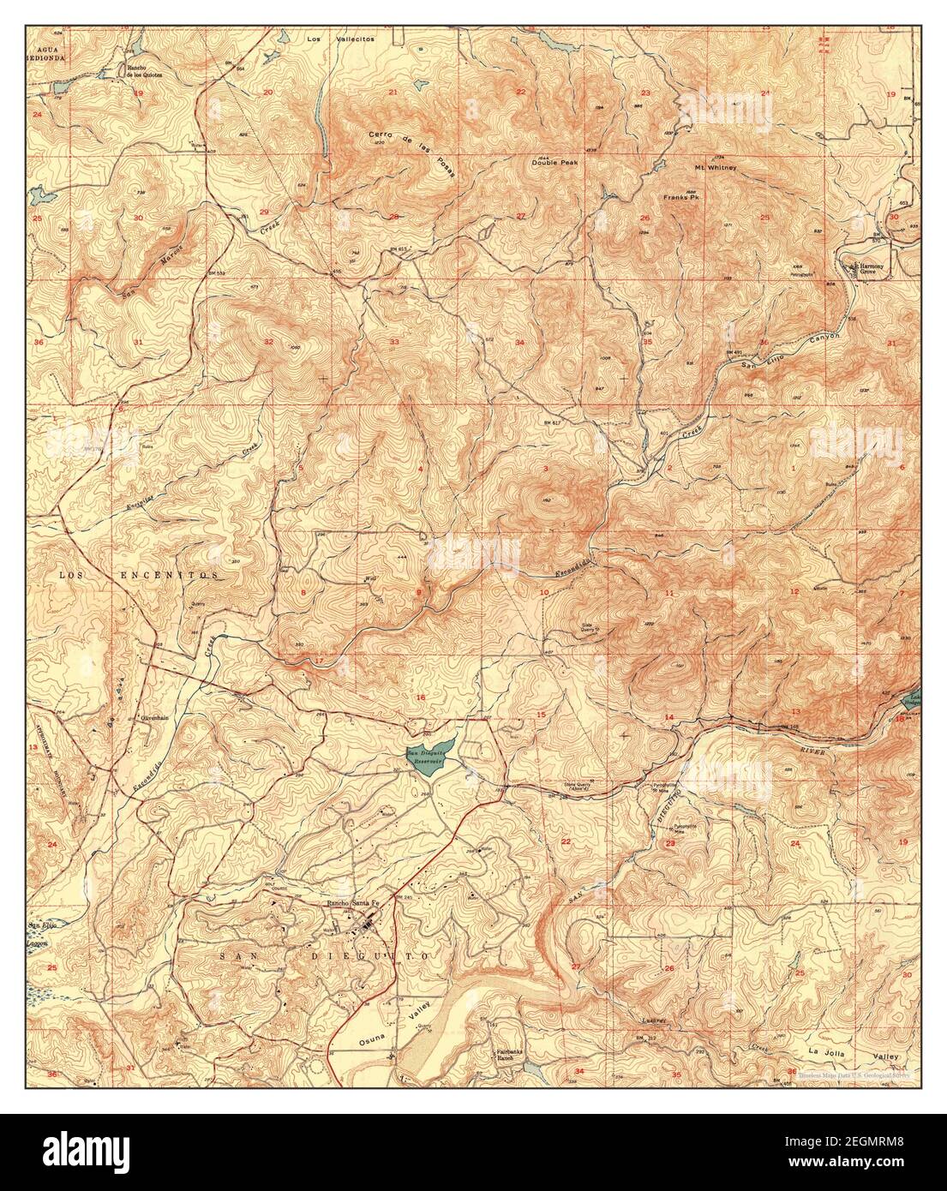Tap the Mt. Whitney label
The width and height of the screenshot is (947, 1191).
(x=716, y=168)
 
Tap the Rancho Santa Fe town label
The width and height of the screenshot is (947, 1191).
(x=355, y=903)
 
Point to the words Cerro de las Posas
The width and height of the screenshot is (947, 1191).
(x=413, y=153)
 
